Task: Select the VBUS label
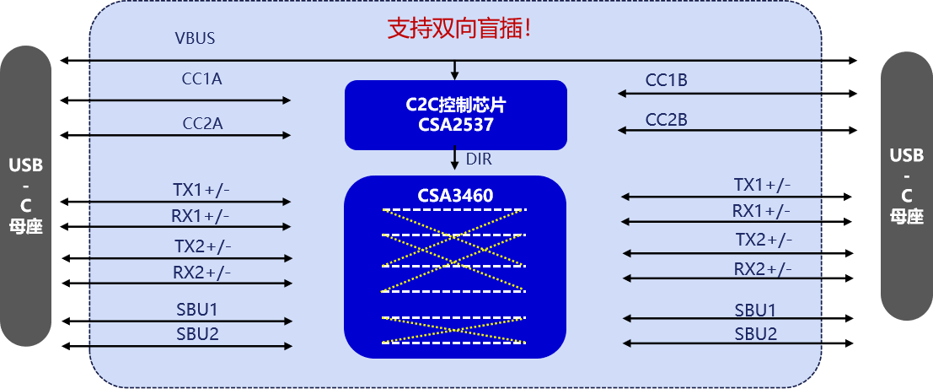click(196, 39)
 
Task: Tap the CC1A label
click(202, 79)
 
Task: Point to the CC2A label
click(202, 123)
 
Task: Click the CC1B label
click(666, 80)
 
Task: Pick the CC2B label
click(666, 120)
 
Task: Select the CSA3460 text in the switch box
click(455, 196)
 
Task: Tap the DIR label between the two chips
click(479, 159)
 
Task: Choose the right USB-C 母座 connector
click(907, 186)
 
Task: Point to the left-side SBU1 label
click(197, 310)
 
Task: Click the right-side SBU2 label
click(755, 333)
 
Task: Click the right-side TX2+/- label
click(764, 240)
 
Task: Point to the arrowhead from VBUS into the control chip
click(455, 74)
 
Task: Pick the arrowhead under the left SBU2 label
click(287, 347)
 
